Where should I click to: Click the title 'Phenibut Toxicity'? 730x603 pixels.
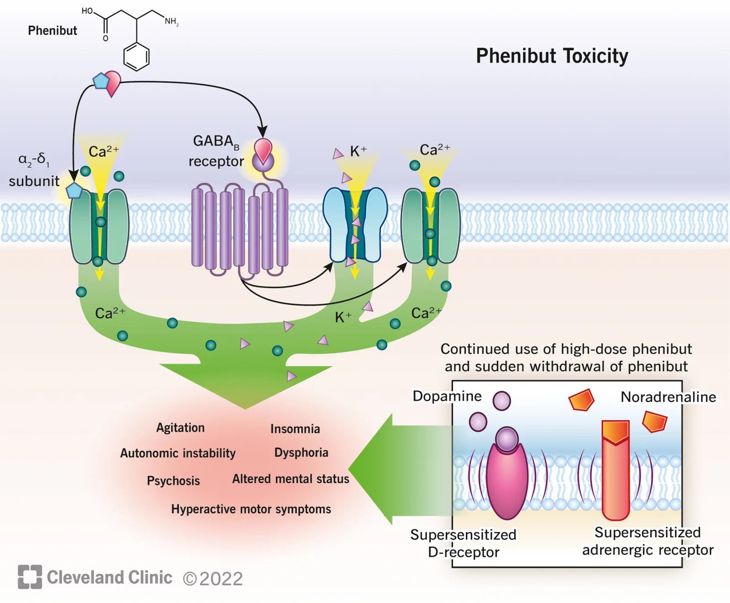click(x=552, y=56)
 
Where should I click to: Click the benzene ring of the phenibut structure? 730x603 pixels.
click(x=136, y=57)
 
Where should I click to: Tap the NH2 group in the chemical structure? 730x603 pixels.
click(x=172, y=21)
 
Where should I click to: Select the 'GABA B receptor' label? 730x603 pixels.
click(x=216, y=151)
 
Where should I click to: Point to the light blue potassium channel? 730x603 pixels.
click(x=355, y=225)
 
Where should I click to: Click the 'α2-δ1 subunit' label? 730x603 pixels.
click(x=34, y=170)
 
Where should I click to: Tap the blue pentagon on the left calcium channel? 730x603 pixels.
click(x=74, y=190)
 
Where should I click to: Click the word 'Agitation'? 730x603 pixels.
click(x=180, y=428)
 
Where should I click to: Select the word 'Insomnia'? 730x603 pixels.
click(x=295, y=428)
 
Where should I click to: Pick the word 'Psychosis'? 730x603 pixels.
click(x=173, y=481)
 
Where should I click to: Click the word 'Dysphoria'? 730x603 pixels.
click(x=301, y=453)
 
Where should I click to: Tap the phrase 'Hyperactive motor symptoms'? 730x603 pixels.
click(x=251, y=509)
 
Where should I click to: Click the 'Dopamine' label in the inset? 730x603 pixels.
click(x=447, y=396)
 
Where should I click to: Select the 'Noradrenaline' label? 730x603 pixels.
click(x=668, y=397)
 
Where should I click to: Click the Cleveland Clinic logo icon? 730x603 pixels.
click(x=30, y=577)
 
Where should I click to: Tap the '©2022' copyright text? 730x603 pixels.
click(x=213, y=579)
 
